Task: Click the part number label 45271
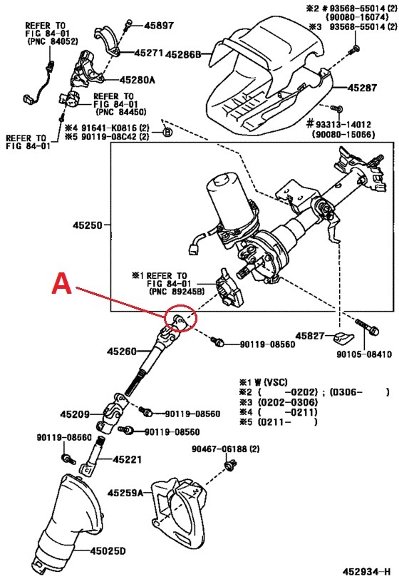[150, 53]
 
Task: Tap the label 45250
[89, 225]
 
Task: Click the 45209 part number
[75, 414]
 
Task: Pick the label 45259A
[126, 493]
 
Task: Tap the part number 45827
[311, 335]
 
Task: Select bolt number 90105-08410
[361, 354]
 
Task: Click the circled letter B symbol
[167, 132]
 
